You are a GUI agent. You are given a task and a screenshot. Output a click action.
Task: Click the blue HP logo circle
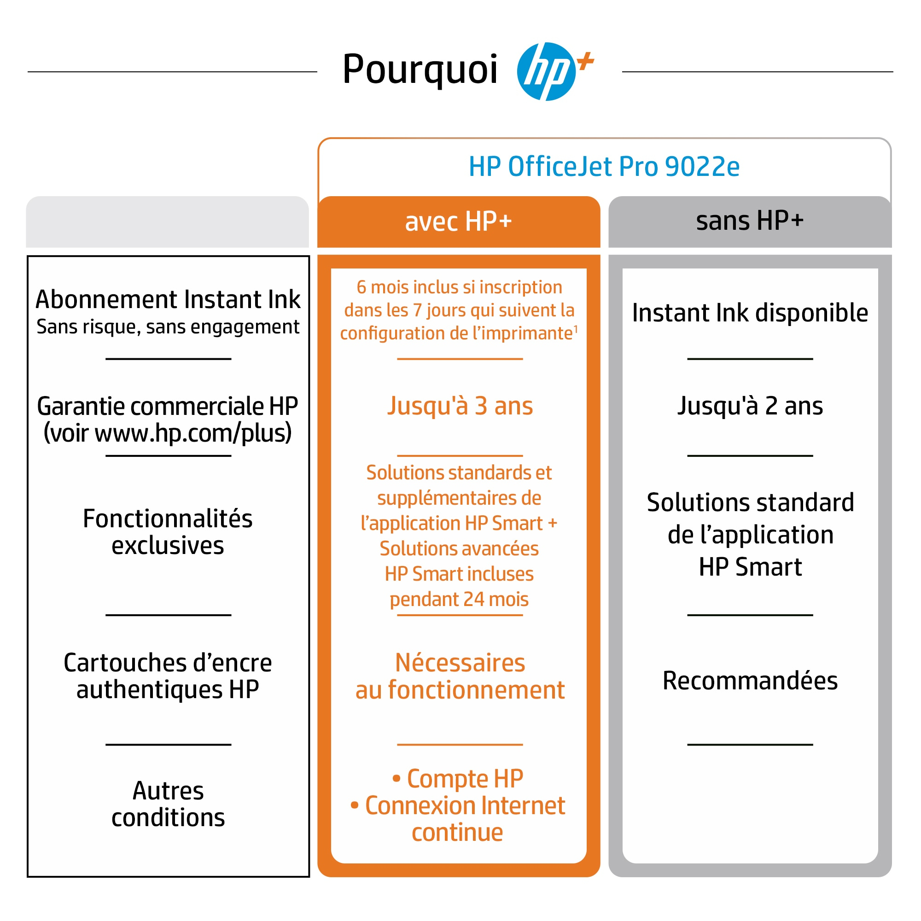click(546, 71)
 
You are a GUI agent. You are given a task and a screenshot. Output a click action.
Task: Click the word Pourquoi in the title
click(420, 70)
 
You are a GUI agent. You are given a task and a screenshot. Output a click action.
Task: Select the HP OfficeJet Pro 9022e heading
click(604, 166)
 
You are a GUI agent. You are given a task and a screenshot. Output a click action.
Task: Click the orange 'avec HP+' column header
click(459, 222)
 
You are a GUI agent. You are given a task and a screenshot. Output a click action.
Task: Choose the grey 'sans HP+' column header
click(749, 221)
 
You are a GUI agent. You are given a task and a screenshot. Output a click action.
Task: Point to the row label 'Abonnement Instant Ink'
click(168, 299)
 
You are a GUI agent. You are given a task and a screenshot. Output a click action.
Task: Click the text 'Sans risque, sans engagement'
click(168, 327)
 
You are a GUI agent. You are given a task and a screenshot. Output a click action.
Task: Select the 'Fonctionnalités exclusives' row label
click(168, 531)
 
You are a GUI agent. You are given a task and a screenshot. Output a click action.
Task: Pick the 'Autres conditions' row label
click(168, 804)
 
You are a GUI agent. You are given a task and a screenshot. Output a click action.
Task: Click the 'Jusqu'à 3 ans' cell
click(460, 406)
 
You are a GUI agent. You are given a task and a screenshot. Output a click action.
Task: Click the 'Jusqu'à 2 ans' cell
click(750, 406)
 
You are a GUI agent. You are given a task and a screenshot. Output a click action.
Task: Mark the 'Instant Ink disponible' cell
click(750, 313)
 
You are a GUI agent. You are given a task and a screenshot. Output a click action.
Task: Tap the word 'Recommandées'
click(750, 681)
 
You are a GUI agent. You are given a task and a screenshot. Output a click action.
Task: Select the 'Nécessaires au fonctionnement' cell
click(460, 676)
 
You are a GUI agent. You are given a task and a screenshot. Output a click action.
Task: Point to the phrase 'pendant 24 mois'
click(459, 599)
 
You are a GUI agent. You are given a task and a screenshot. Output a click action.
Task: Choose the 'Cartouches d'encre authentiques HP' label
click(168, 676)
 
